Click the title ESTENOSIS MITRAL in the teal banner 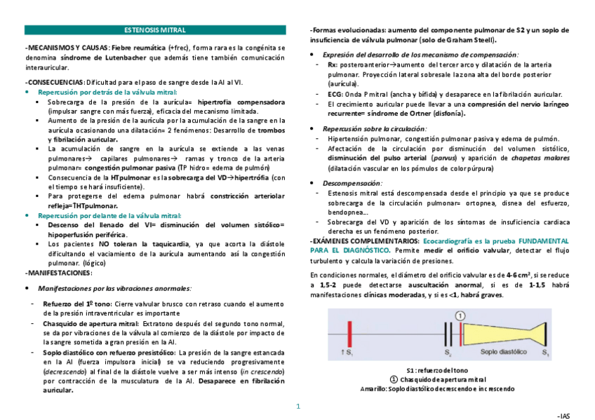tap(154, 30)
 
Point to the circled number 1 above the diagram tap(460, 316)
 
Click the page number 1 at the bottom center tap(297, 405)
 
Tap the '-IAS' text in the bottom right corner tap(563, 415)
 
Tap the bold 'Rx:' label tap(332, 64)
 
